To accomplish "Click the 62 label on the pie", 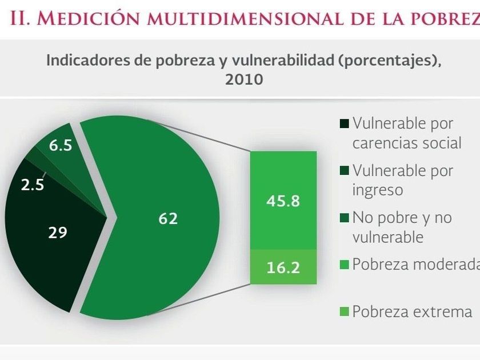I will click(168, 218).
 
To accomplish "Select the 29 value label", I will click(57, 233).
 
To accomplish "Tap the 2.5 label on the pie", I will click(33, 185).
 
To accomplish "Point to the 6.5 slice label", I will click(60, 146).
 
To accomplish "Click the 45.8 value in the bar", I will click(283, 202).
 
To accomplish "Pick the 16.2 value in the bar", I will click(283, 267).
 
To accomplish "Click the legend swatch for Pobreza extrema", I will click(345, 312).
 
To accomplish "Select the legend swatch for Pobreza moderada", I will click(345, 265).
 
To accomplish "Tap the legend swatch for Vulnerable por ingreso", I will click(345, 170).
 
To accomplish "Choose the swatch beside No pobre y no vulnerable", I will click(345, 218).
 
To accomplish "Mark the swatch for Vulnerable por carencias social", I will click(345, 123).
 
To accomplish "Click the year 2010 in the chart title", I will click(244, 79).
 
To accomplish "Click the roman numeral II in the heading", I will click(21, 19).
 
